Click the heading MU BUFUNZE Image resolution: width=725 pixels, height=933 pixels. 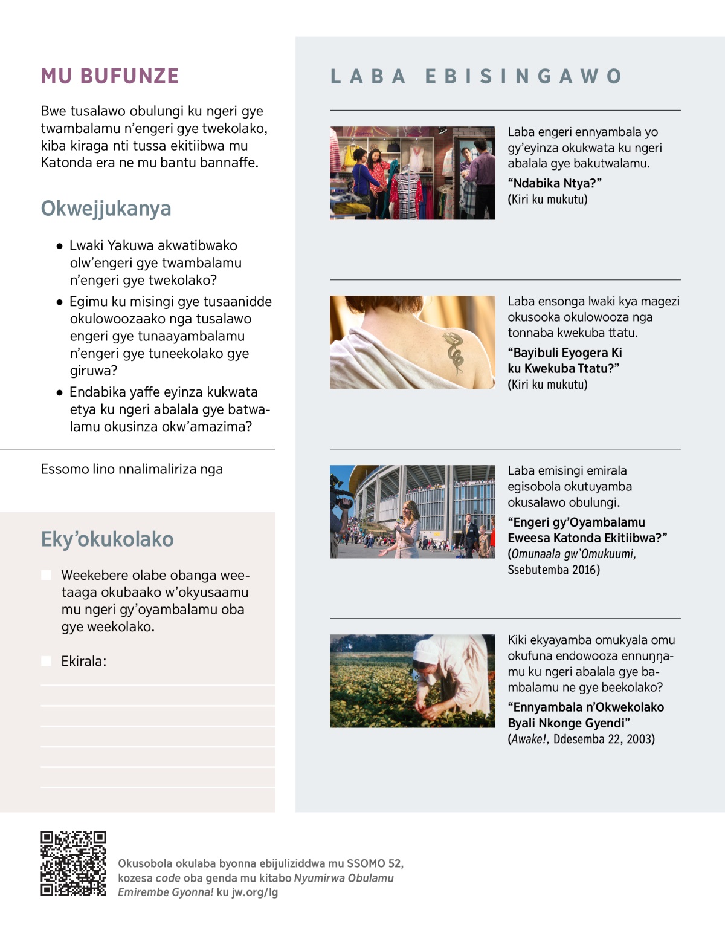click(x=110, y=76)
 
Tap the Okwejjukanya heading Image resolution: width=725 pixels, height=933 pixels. click(x=106, y=208)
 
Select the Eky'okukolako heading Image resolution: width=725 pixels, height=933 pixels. click(x=107, y=539)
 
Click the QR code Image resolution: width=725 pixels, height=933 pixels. click(x=73, y=863)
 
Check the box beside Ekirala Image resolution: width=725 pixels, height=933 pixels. click(x=47, y=661)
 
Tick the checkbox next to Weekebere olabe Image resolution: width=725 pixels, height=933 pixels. click(x=47, y=574)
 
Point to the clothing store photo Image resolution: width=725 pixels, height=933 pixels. click(x=412, y=173)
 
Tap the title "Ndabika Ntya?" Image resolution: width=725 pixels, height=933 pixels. click(x=554, y=183)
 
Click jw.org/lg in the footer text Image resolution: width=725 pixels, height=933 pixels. click(x=254, y=892)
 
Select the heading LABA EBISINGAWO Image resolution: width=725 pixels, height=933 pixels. click(x=476, y=76)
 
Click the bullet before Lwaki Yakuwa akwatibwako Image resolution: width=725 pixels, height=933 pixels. click(x=60, y=246)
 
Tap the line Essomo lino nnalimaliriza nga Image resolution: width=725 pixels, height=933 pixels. click(x=132, y=469)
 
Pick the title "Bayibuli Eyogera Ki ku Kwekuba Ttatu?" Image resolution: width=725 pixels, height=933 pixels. click(x=564, y=360)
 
